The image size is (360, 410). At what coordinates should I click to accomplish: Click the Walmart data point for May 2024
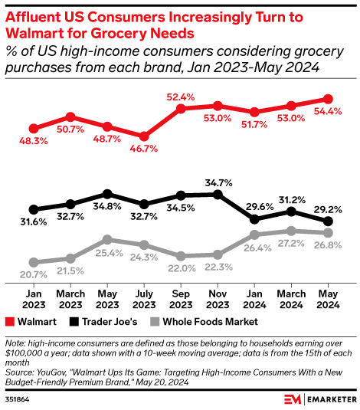tap(329, 99)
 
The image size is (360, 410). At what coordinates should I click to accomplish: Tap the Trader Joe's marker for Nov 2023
tap(218, 195)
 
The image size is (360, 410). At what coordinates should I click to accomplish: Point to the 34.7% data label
tap(218, 182)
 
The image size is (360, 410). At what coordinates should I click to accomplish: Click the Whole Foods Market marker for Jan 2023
tap(33, 262)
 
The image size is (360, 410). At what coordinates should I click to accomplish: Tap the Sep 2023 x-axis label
tap(181, 298)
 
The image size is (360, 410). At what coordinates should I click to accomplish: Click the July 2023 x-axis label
tap(143, 298)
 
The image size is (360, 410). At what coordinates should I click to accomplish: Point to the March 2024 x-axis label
tap(291, 298)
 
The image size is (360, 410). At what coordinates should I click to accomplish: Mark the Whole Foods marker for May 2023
tap(107, 240)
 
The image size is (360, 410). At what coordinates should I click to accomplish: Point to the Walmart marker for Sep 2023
tap(182, 109)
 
